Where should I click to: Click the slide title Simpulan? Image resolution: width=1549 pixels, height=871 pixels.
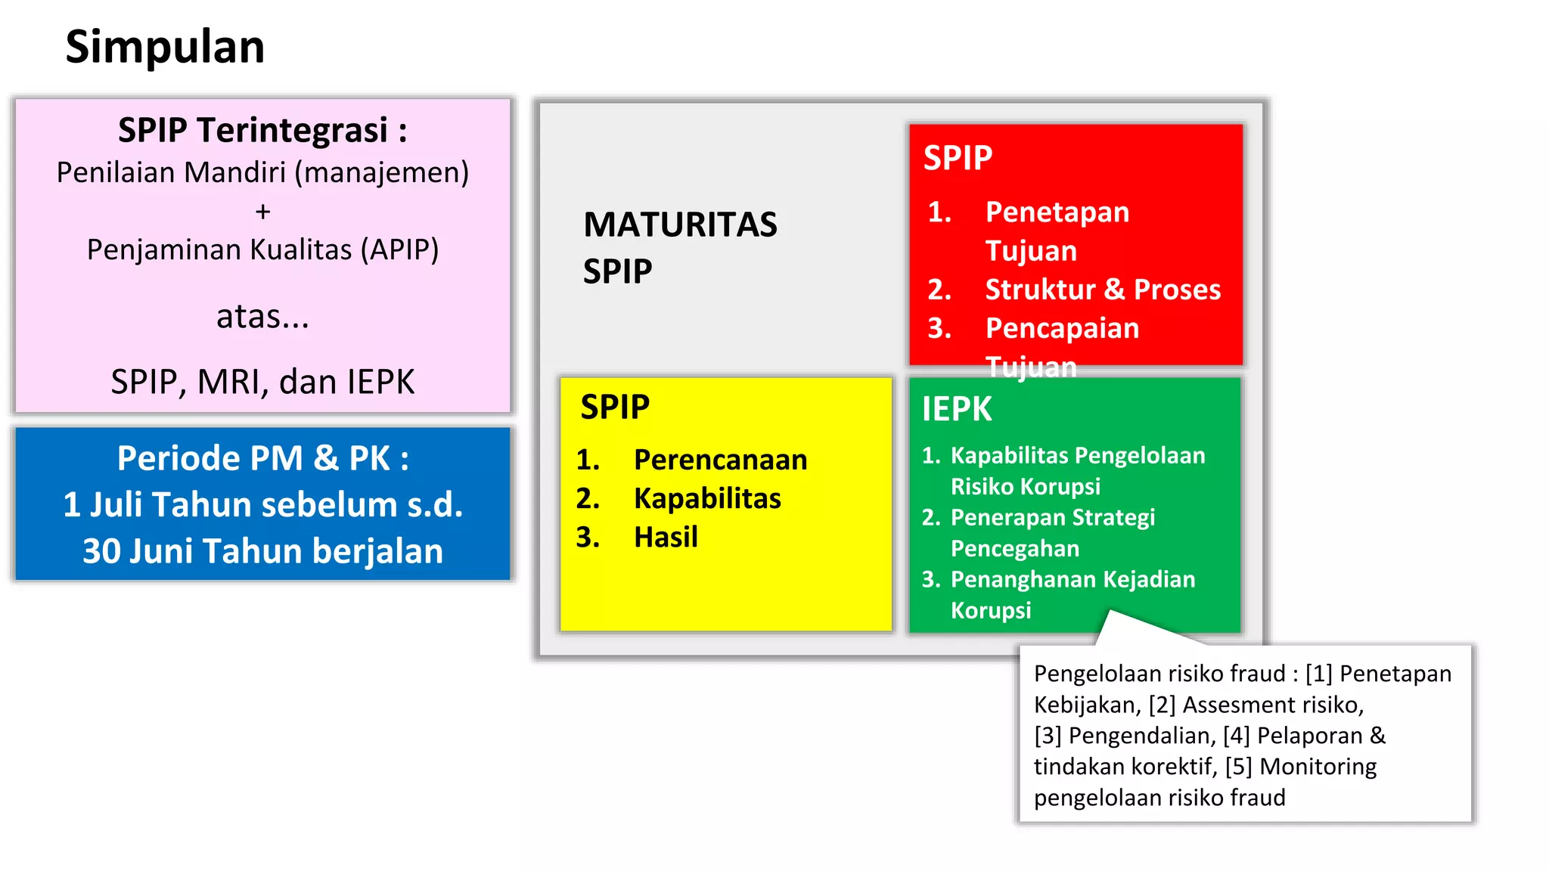(165, 47)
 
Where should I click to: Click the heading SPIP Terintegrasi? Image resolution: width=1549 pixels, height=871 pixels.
(262, 130)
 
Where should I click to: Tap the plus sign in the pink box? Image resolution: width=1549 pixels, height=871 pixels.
(262, 212)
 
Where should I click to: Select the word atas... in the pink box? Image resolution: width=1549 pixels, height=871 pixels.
(262, 316)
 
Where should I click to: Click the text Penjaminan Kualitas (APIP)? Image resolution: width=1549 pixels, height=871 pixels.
(262, 250)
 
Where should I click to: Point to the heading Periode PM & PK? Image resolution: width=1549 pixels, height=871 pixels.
(262, 458)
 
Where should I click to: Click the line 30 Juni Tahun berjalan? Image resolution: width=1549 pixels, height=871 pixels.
(262, 551)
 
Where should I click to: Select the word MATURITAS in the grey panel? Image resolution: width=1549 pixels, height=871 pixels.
(680, 225)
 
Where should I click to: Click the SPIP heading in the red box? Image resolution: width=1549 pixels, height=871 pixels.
(958, 158)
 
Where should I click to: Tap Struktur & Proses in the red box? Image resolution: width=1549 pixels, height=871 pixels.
(1102, 290)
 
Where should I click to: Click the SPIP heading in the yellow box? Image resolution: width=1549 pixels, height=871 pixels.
(615, 408)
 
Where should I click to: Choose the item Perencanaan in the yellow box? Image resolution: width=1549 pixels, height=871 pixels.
(720, 460)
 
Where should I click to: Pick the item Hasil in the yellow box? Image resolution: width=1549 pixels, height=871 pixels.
(666, 537)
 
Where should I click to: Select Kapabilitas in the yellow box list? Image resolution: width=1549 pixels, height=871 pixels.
(707, 498)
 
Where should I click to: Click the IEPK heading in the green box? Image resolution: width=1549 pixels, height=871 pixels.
(956, 409)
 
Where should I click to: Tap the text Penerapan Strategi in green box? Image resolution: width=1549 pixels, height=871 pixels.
(1052, 517)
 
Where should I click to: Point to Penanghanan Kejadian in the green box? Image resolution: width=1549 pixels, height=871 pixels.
(1073, 579)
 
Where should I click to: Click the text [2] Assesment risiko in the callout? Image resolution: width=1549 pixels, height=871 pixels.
(1255, 705)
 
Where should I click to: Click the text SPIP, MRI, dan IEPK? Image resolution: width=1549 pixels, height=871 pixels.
(262, 382)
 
